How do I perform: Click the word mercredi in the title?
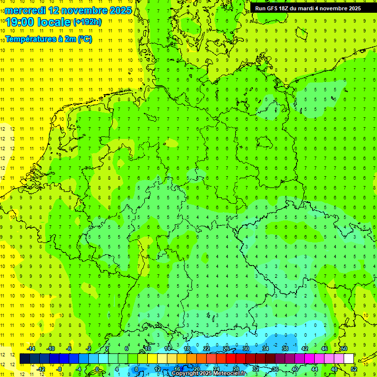(26, 10)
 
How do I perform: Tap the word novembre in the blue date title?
(82, 10)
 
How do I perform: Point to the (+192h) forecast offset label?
(87, 22)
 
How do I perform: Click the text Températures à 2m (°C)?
(48, 39)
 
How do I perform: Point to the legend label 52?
(353, 369)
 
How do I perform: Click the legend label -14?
(30, 348)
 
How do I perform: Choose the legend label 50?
(344, 348)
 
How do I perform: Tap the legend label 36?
(275, 369)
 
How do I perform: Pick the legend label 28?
(236, 369)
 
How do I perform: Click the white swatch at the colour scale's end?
(349, 358)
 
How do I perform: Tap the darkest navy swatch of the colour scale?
(25, 358)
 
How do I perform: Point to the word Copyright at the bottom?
(186, 374)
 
